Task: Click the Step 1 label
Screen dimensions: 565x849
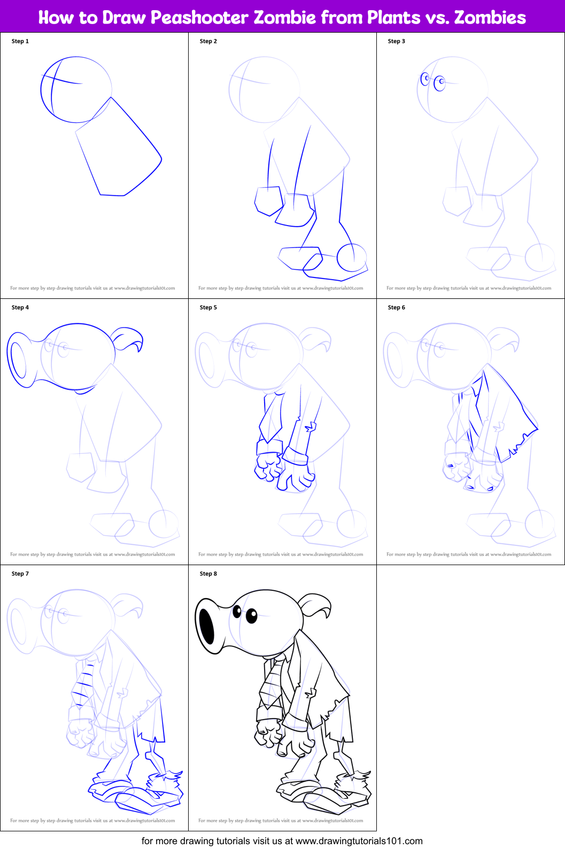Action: tap(20, 41)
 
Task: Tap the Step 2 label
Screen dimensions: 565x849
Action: tap(208, 41)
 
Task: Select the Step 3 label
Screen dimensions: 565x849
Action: tap(397, 41)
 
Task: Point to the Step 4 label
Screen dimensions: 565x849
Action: tap(20, 307)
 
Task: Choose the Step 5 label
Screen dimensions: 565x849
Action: tap(208, 307)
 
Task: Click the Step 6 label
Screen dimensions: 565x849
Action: tap(397, 307)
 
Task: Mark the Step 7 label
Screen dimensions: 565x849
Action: tap(20, 574)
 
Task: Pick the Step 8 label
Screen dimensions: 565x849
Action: tap(208, 574)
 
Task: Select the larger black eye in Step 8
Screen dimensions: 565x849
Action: tap(252, 616)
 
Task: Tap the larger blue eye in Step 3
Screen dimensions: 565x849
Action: tap(439, 83)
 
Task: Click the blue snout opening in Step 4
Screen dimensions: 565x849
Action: tap(18, 360)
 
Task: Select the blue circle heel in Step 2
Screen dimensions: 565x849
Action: tap(352, 258)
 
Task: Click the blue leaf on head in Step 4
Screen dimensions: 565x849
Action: tap(127, 339)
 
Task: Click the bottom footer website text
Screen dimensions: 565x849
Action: tap(282, 841)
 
